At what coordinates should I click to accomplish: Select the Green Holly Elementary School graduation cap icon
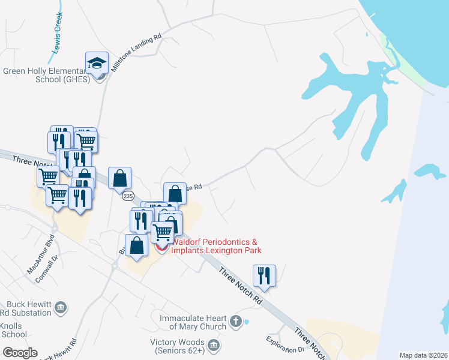[96, 63]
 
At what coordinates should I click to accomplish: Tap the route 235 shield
[127, 196]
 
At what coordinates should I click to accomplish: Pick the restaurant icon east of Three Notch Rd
[264, 275]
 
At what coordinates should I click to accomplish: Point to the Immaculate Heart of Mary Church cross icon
[236, 322]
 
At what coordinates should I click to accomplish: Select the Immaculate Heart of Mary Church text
[193, 322]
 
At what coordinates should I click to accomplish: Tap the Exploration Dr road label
[286, 344]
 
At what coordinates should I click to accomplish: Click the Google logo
[20, 353]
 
